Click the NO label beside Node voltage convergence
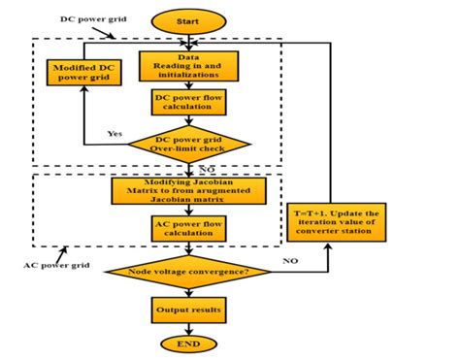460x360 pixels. [290, 262]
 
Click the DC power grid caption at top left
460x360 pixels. [62, 20]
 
